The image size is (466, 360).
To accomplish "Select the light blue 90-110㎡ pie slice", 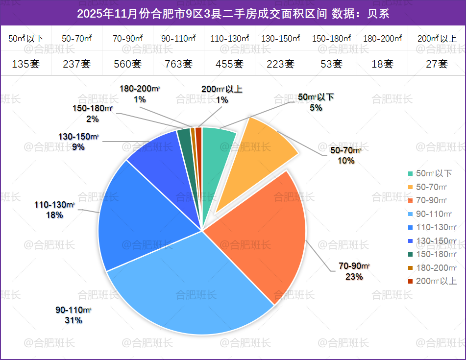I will pyautogui.click(x=191, y=289).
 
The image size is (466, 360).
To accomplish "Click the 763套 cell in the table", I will pyautogui.click(x=178, y=64).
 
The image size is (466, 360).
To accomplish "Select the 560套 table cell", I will pyautogui.click(x=127, y=64).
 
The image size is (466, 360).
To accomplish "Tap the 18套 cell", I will pyautogui.click(x=382, y=64).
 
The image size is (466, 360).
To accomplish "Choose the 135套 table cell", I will pyautogui.click(x=25, y=64).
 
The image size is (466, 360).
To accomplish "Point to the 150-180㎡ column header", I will pyautogui.click(x=331, y=38).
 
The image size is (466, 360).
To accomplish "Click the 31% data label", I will pyautogui.click(x=74, y=320).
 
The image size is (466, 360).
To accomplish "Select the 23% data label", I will pyautogui.click(x=354, y=277).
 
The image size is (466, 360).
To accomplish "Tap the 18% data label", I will pyautogui.click(x=54, y=215).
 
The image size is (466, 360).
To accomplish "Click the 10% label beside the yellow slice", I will pyautogui.click(x=346, y=160).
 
